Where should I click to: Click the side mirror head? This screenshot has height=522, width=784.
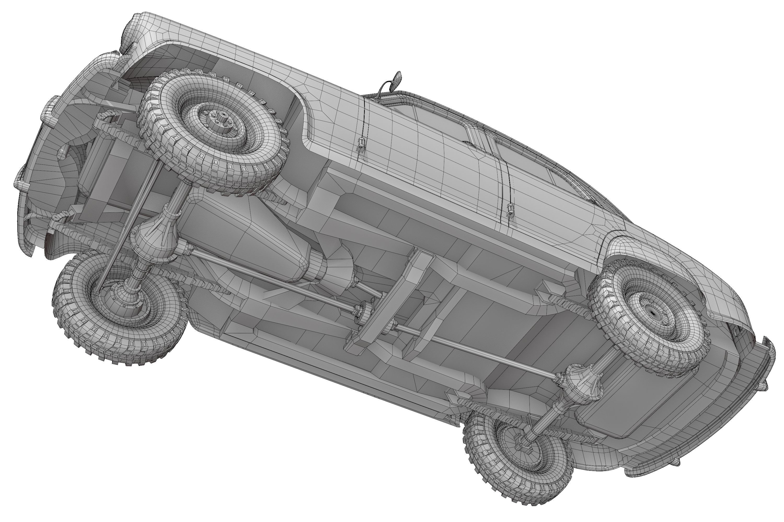click(397, 80)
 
